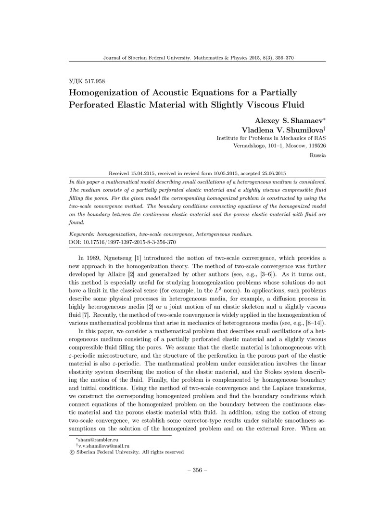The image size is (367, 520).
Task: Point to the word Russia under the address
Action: click(x=318, y=155)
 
